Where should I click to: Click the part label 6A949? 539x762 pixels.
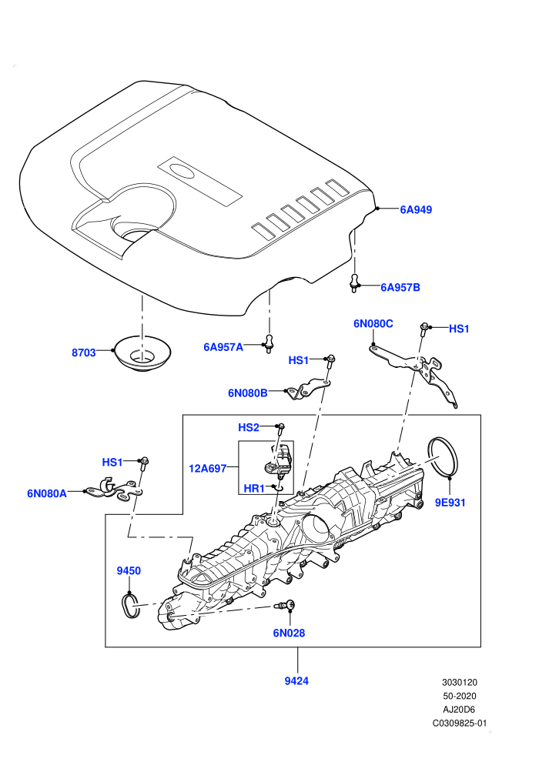tap(416, 210)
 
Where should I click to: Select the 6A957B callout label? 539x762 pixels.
tap(400, 288)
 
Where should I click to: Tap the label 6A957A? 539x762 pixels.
tap(223, 347)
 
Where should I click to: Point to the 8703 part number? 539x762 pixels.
tap(84, 353)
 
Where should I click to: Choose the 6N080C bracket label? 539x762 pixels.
tap(373, 323)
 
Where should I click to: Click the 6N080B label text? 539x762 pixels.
tap(248, 393)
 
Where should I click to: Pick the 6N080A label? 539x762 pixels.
tap(47, 493)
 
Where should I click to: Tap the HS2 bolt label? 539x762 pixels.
tap(249, 427)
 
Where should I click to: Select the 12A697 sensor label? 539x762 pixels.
tap(208, 469)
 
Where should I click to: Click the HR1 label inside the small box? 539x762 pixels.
tap(253, 488)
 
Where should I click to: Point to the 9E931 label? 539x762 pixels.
tap(450, 503)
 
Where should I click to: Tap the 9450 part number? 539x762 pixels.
tap(129, 570)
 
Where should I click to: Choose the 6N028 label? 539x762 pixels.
tap(290, 633)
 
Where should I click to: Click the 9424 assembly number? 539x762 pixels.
tap(296, 681)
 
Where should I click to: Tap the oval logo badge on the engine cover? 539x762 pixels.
tap(182, 170)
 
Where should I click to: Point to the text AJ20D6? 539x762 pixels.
tap(459, 710)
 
